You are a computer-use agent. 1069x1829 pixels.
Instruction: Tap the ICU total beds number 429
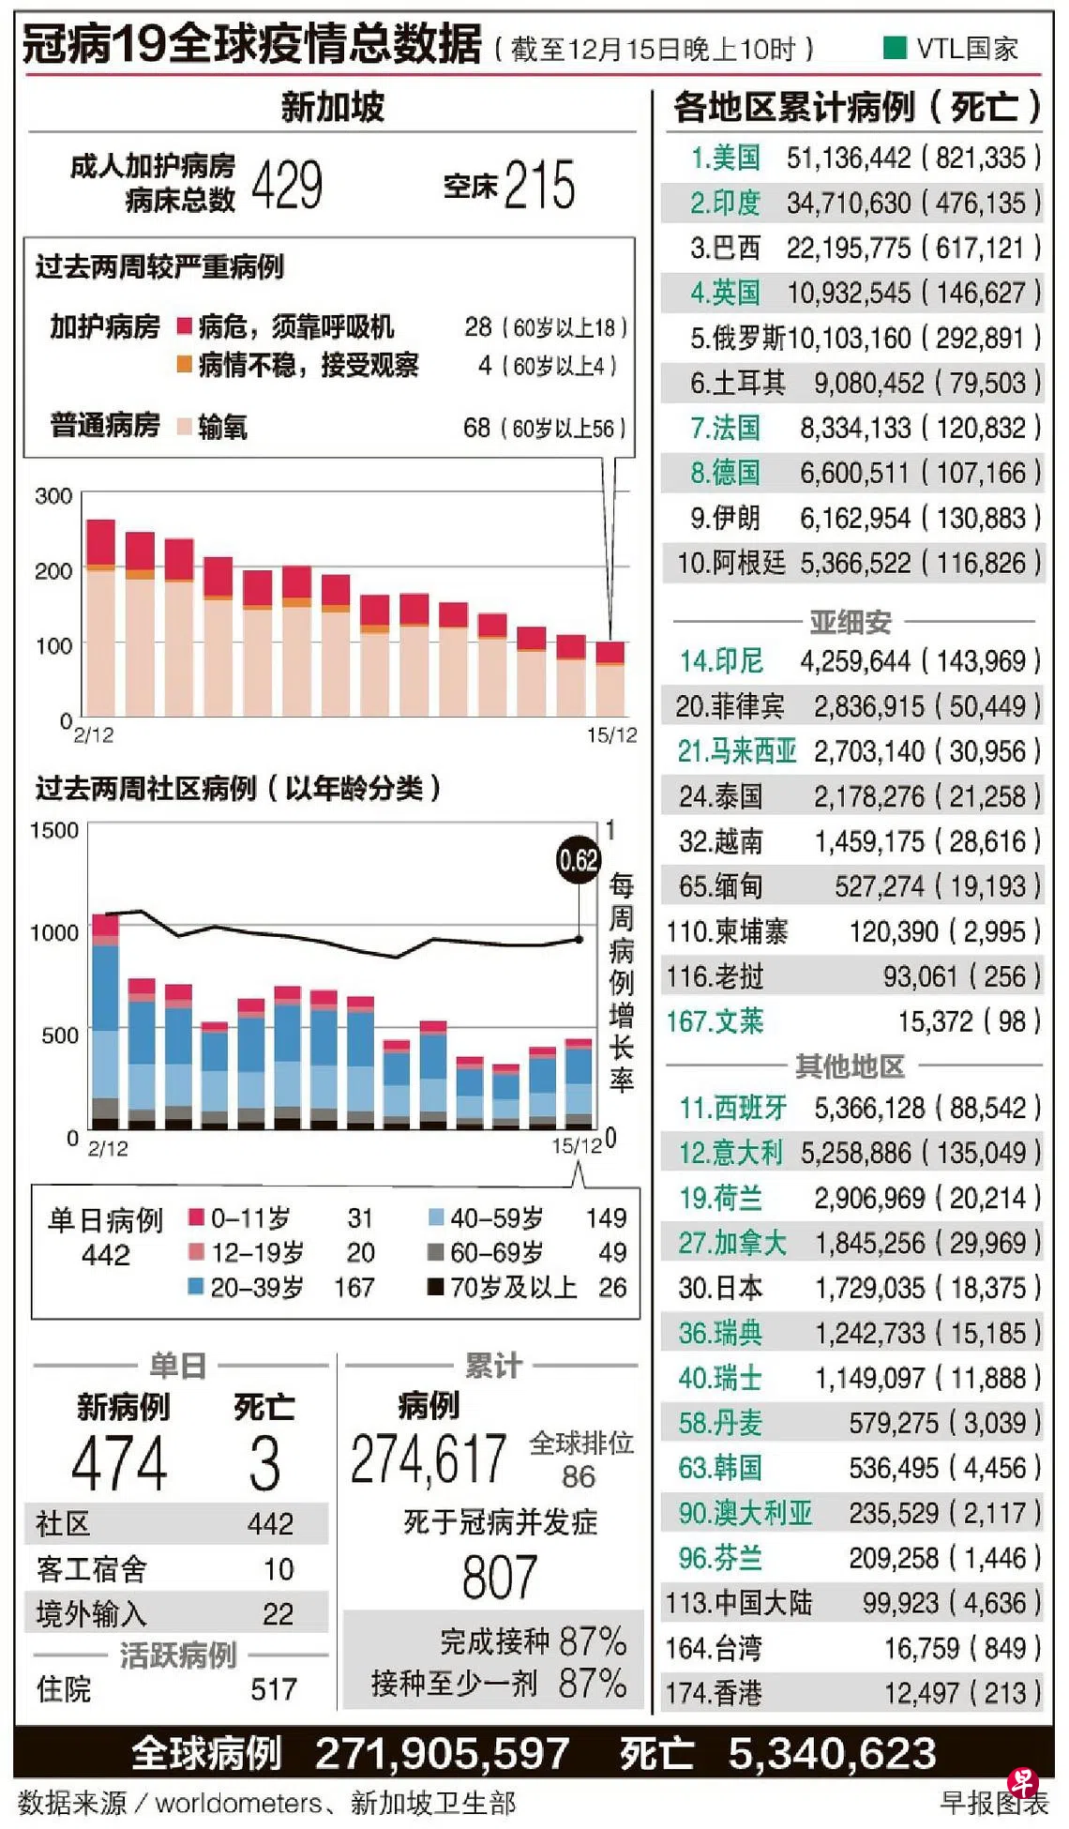point(287,185)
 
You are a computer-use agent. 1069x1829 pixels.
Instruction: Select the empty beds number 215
point(539,185)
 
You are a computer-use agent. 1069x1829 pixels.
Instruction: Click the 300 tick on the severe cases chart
point(53,496)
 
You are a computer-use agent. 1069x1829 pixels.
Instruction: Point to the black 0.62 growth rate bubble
point(578,860)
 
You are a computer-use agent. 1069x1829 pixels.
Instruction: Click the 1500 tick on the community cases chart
point(54,830)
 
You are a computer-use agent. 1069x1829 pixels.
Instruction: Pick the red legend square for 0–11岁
point(196,1217)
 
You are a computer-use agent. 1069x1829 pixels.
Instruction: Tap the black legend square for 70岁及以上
point(435,1287)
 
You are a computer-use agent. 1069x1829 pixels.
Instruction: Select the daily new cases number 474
point(119,1463)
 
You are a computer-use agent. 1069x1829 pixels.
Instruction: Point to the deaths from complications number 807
point(499,1578)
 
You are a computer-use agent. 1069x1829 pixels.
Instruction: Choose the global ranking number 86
point(579,1476)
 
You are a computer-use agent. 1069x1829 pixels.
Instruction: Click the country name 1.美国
point(725,158)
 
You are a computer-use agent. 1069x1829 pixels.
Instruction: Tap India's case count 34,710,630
point(849,203)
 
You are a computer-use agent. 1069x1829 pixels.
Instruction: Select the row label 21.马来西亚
point(737,751)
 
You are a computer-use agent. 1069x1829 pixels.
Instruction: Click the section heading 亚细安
point(851,621)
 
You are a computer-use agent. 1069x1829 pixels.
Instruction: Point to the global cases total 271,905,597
point(442,1753)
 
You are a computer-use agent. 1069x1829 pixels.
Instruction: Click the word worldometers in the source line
point(238,1803)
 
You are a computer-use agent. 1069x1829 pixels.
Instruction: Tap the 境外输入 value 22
point(278,1614)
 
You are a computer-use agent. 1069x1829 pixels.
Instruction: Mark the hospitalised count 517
point(274,1689)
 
